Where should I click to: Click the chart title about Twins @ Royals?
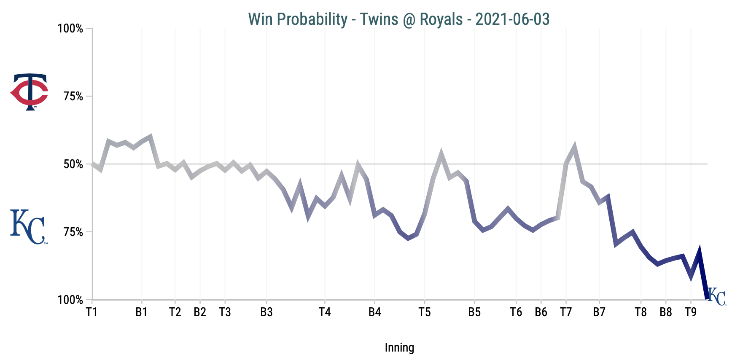[398, 19]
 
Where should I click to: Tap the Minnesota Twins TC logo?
[30, 92]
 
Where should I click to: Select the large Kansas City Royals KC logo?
[28, 227]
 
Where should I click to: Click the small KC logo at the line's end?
[716, 297]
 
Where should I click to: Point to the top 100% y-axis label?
[70, 29]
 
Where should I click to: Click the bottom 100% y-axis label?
[70, 300]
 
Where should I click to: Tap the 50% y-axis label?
[73, 164]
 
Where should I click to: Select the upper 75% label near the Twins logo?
[73, 97]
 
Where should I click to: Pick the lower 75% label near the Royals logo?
[73, 232]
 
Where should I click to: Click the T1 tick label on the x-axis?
[91, 312]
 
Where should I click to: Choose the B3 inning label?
[266, 312]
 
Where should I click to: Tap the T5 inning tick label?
[425, 312]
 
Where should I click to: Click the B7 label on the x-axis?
[599, 312]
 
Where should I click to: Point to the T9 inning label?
[691, 312]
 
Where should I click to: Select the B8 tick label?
[666, 312]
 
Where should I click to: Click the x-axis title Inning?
[399, 348]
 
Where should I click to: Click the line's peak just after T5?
[441, 154]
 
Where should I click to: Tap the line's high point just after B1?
[150, 137]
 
